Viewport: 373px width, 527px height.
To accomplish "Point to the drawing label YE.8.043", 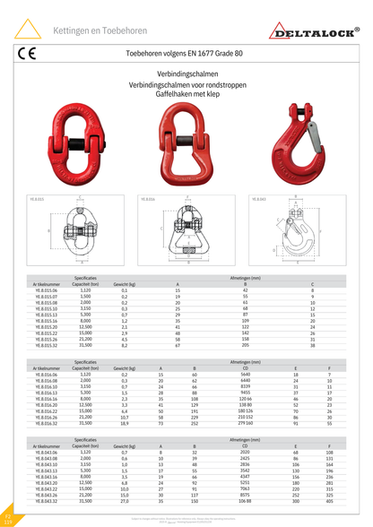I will click(258, 199).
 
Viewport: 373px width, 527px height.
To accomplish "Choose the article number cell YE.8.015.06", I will click(46, 291).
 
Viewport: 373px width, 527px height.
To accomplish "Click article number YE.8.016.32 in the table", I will click(46, 424).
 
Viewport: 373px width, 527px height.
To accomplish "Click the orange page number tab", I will click(8, 519).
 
